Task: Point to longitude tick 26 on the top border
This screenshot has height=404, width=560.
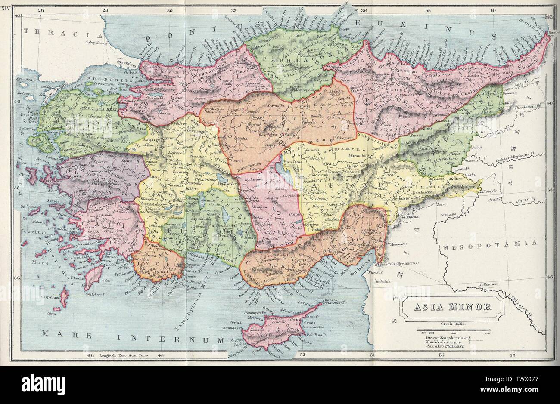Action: click(x=41, y=11)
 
